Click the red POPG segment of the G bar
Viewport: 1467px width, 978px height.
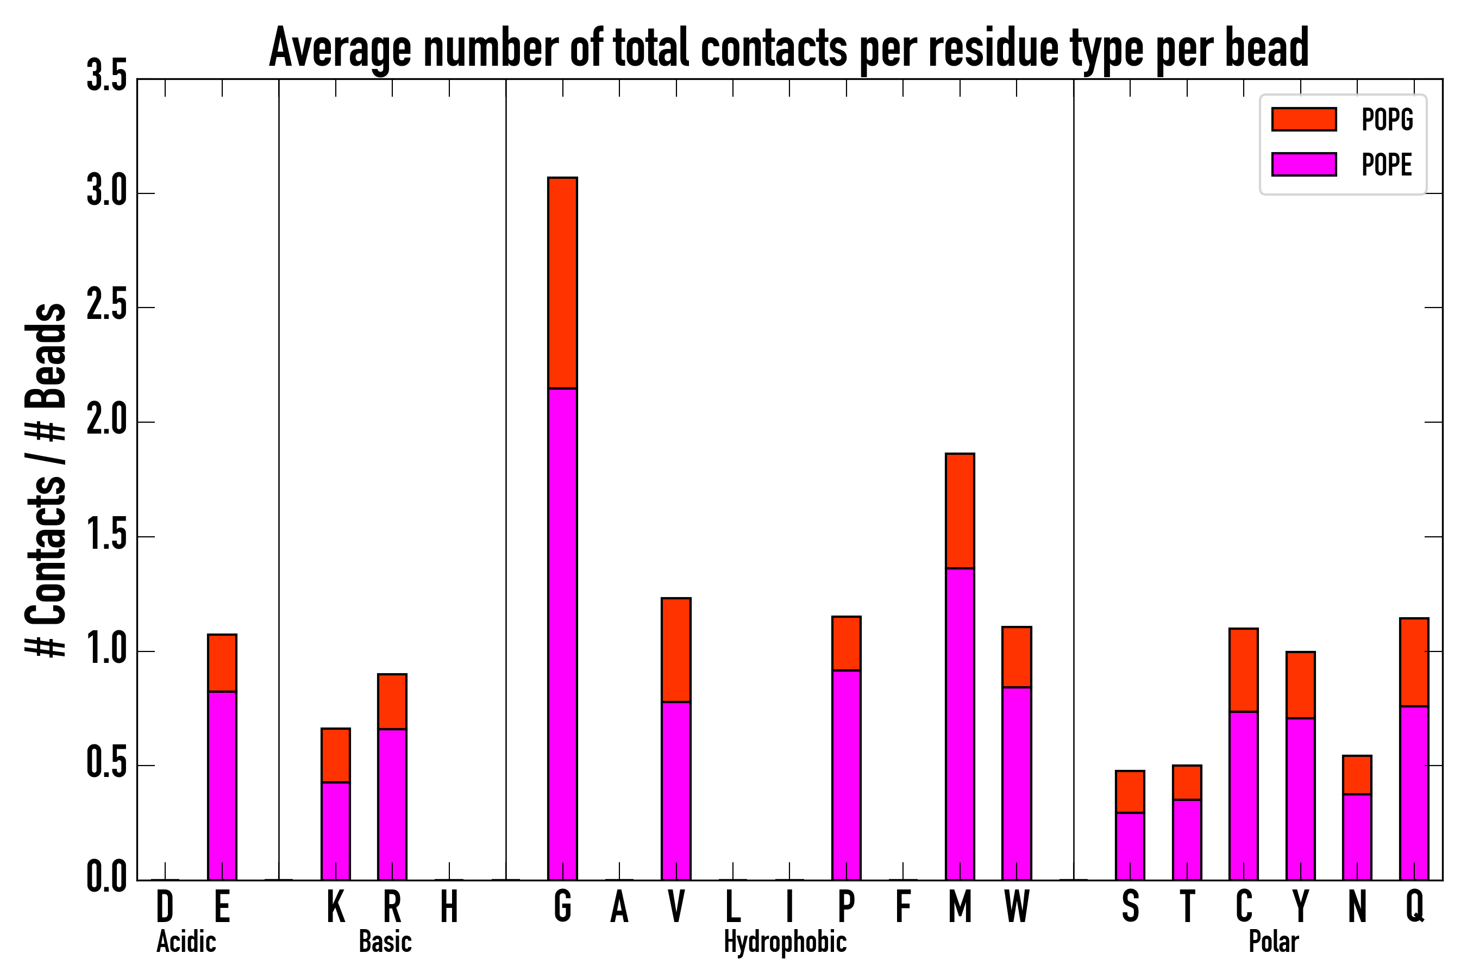pos(562,283)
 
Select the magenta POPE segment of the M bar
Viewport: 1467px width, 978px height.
pos(960,724)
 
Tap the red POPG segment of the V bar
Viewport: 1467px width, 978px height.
pos(676,650)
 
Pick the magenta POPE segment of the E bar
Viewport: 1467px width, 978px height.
pos(222,785)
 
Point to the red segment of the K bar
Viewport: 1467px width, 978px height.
pos(336,755)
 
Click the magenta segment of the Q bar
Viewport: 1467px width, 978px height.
pos(1414,793)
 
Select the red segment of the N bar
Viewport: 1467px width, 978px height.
pos(1357,775)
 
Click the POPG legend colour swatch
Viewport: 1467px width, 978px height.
pos(1304,119)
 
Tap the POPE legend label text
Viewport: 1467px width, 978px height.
pos(1387,165)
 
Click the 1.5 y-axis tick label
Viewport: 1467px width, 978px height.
pos(106,535)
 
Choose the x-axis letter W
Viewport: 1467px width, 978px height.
pos(1017,906)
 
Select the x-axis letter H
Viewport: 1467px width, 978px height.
pos(449,906)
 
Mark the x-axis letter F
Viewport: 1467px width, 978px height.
pos(902,906)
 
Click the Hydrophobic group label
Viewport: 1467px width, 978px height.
pos(785,942)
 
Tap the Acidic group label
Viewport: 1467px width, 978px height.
pos(186,942)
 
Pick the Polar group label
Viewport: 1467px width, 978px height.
pos(1274,942)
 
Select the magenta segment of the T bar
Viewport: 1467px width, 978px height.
pos(1187,839)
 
